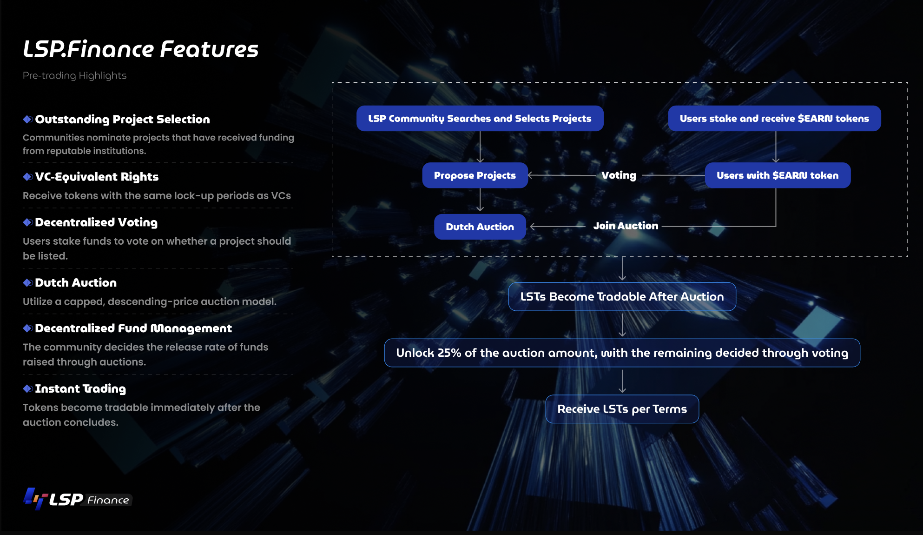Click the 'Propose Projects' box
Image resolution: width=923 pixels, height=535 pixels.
pos(475,175)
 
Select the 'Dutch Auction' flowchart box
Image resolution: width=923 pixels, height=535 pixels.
pos(480,227)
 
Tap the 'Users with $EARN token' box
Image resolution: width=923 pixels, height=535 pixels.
pos(778,175)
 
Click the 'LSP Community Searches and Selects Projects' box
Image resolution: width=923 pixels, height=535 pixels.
pos(480,119)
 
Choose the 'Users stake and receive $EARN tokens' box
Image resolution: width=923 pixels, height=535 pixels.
pos(774,119)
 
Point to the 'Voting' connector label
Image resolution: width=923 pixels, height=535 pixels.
pos(619,175)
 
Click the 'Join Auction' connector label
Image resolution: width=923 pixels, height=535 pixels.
pos(626,226)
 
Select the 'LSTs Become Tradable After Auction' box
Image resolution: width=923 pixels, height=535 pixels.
pos(622,297)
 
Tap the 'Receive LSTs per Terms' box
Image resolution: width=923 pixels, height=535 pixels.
pos(622,409)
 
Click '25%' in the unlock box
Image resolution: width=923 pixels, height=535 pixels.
pos(449,353)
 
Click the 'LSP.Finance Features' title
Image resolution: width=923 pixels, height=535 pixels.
pos(140,49)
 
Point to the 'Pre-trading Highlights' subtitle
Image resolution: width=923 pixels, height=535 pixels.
pos(74,75)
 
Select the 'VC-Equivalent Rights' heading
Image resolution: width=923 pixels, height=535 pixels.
pos(97,177)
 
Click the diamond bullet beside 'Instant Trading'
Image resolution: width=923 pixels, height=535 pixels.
pos(27,388)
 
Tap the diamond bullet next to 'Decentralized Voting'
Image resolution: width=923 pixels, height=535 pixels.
pos(27,222)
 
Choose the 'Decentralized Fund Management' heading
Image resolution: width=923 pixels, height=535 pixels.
pos(133,328)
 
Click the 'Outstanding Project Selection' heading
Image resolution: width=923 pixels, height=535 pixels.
pos(122,120)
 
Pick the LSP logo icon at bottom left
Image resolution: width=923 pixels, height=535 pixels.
pos(36,499)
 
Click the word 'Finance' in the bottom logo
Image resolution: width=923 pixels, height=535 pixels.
pos(108,500)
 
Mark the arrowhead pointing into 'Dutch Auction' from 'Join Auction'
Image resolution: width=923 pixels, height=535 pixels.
pos(532,227)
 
